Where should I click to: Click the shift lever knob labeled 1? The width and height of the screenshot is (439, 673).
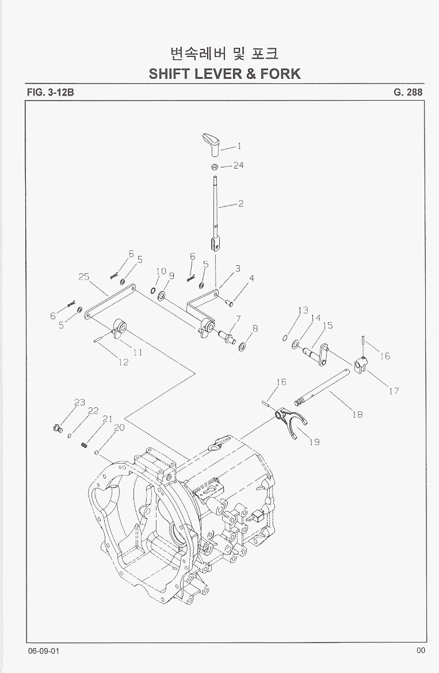(211, 144)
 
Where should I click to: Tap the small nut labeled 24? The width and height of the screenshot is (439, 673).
(214, 167)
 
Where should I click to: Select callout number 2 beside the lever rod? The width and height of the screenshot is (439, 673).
(241, 204)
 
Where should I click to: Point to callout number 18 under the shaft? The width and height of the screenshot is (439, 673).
(357, 414)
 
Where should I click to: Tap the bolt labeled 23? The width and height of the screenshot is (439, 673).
(57, 427)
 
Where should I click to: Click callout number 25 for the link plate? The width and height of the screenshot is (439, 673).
(84, 277)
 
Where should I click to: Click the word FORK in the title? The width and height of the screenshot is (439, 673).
(280, 74)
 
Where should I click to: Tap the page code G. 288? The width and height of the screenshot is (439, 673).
(409, 92)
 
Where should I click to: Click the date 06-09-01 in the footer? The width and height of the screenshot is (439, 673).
(43, 650)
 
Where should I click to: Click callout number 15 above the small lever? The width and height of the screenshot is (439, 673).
(327, 326)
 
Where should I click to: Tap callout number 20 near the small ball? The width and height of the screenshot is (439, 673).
(119, 427)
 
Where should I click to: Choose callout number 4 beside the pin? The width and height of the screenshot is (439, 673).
(251, 278)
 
